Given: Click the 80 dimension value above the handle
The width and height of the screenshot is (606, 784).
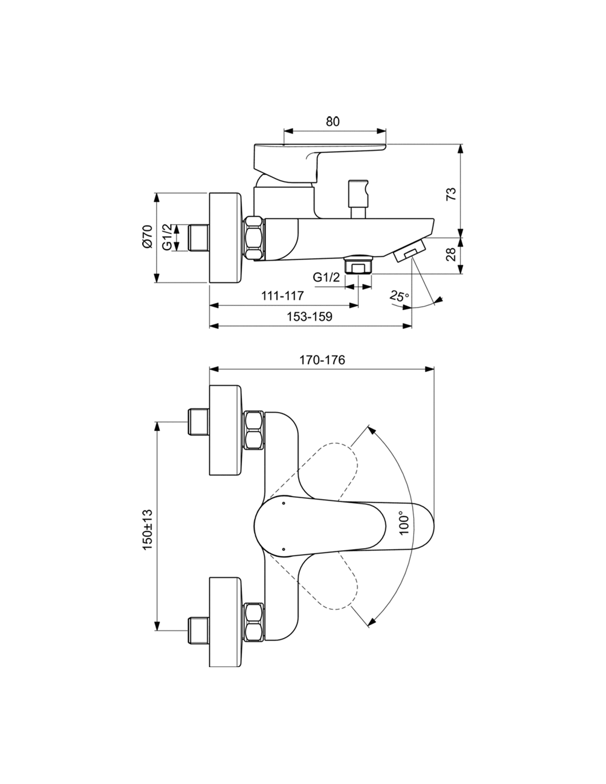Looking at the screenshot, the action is pyautogui.click(x=333, y=122).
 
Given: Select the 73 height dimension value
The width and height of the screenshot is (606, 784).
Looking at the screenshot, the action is pyautogui.click(x=451, y=194).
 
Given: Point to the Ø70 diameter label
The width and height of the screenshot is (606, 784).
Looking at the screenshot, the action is pyautogui.click(x=148, y=237).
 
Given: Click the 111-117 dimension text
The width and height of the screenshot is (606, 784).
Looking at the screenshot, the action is pyautogui.click(x=282, y=296).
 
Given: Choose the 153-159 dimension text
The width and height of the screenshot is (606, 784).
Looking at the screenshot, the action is pyautogui.click(x=309, y=316).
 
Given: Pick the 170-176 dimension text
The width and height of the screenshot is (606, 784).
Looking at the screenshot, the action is pyautogui.click(x=322, y=359).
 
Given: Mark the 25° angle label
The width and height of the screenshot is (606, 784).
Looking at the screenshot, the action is pyautogui.click(x=399, y=297).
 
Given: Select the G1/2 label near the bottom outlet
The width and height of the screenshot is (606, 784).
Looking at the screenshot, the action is pyautogui.click(x=326, y=277).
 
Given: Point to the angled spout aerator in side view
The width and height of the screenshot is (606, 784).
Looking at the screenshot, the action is pyautogui.click(x=409, y=251).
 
